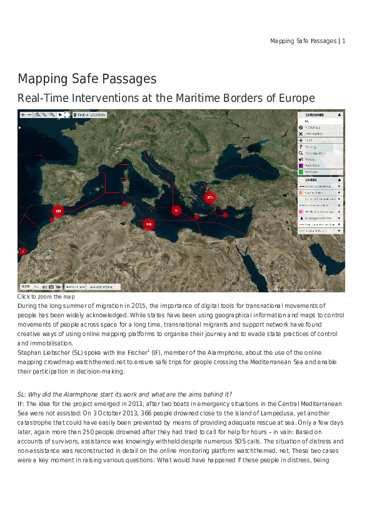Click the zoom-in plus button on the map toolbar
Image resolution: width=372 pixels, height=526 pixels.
(x=23, y=115)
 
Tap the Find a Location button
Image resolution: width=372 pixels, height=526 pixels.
(x=90, y=115)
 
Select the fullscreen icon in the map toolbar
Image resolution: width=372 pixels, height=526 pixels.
(x=66, y=115)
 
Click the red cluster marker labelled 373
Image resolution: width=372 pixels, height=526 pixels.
(x=209, y=197)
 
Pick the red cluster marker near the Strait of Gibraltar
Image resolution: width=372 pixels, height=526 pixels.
(x=58, y=212)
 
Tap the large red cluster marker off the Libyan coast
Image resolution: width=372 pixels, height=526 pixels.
(x=149, y=224)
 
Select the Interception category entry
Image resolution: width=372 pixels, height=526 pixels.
(x=314, y=134)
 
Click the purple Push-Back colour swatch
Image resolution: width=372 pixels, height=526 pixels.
(x=301, y=166)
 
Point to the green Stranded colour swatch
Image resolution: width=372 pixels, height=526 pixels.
(x=301, y=172)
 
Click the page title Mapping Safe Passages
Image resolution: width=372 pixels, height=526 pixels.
(x=87, y=79)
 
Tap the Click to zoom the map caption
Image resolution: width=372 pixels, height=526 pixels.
(x=46, y=297)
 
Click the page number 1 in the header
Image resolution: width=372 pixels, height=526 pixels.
(x=344, y=41)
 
